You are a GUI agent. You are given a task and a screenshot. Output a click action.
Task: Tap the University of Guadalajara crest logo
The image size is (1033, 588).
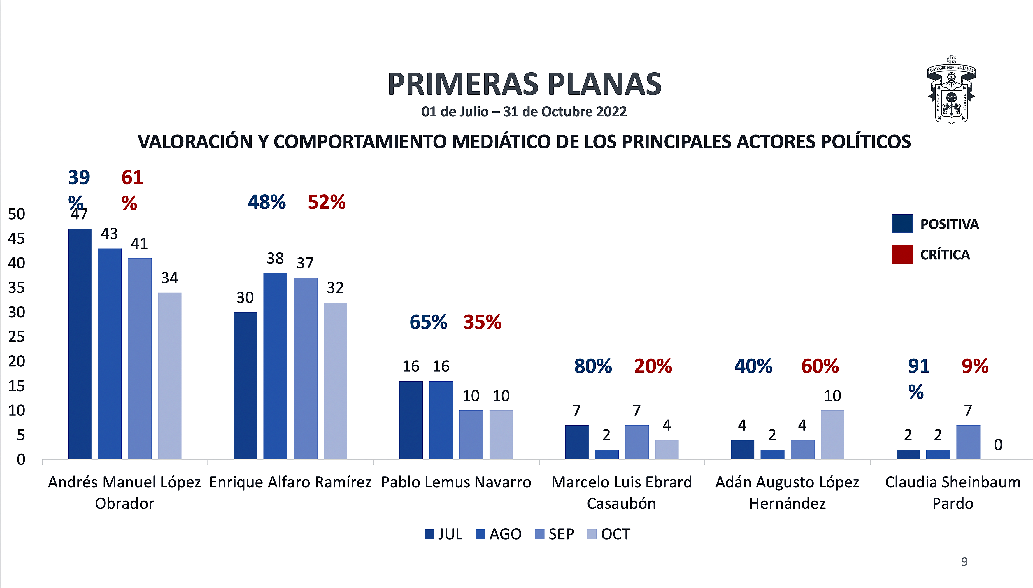(951, 90)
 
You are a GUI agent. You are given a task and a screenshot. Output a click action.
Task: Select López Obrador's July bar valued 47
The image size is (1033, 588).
(80, 344)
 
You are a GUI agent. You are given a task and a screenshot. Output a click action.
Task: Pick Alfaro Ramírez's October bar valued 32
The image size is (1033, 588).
(335, 380)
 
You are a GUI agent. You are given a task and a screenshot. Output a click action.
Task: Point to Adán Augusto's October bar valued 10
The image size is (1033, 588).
(832, 435)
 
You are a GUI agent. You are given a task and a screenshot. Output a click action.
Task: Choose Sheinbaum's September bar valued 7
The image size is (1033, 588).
(968, 442)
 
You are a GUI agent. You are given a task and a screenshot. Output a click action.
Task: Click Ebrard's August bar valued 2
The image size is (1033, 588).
(606, 454)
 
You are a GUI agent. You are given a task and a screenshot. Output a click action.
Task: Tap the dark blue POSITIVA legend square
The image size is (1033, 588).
(902, 224)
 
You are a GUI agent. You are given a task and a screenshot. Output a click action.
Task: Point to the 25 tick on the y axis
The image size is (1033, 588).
(17, 337)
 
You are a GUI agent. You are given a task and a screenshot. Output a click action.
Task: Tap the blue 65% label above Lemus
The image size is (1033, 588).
(428, 322)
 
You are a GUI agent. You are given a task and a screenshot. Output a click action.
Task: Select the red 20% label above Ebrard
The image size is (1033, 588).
(653, 366)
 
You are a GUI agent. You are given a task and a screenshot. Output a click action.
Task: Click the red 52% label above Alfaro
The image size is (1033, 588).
(326, 202)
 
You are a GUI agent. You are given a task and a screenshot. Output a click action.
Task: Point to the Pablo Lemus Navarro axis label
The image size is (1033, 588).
(456, 482)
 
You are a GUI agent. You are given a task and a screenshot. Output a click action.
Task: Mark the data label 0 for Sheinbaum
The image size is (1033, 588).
(998, 445)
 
